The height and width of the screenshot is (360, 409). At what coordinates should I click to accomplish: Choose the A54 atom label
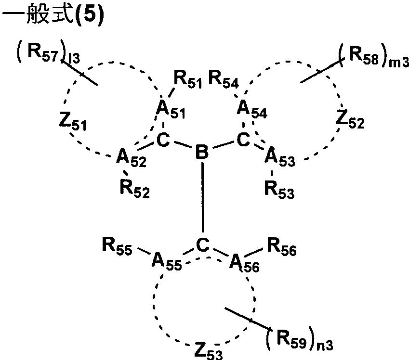pos(251,110)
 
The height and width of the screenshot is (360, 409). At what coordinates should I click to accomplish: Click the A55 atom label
pos(166,262)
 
